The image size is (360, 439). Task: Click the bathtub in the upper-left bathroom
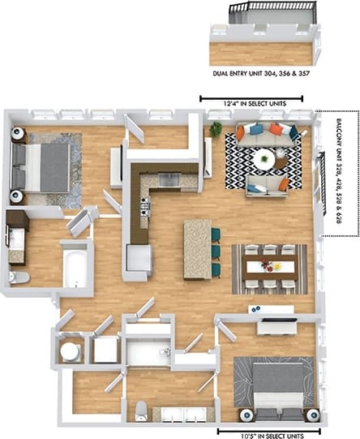(x=76, y=265)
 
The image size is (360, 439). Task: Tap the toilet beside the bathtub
(x=18, y=277)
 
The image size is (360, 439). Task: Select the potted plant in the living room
(x=216, y=130)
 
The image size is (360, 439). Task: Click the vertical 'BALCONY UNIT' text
(x=337, y=173)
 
